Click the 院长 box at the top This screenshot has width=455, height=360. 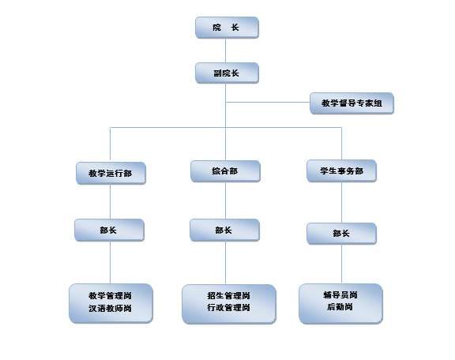tap(227, 28)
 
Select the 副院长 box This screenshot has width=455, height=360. tap(227, 73)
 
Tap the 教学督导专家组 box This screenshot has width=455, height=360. tap(352, 103)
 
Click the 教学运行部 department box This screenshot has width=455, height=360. tap(111, 173)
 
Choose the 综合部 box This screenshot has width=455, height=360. tap(225, 171)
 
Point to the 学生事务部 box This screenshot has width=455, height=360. tap(341, 171)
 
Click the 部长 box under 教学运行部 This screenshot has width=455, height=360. tap(109, 231)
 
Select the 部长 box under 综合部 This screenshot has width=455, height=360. tap(224, 231)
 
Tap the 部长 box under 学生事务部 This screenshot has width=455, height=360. tap(341, 234)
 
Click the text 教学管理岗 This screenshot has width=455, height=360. tap(110, 296)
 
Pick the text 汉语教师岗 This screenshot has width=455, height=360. tap(110, 308)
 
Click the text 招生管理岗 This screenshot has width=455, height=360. tap(228, 295)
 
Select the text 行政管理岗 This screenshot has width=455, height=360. tap(228, 307)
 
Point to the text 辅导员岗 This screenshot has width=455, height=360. tap(340, 295)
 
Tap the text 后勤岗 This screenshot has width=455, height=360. tap(340, 306)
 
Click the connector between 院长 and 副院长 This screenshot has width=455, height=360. tap(225, 51)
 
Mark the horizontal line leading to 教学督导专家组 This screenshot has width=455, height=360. tap(268, 102)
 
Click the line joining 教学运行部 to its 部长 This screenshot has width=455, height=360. tap(110, 201)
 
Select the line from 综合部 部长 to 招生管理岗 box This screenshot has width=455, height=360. tap(225, 263)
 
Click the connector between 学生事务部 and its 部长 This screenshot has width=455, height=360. tap(341, 202)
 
